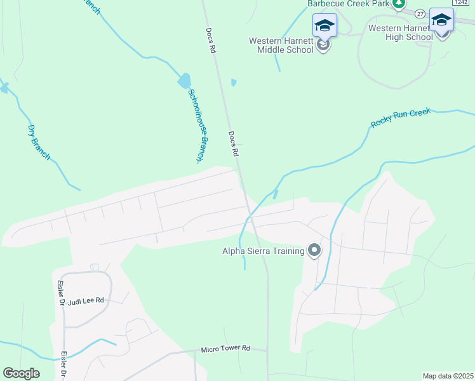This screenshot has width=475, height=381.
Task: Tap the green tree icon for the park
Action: (x=398, y=4)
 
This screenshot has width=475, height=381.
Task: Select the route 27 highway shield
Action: (x=420, y=13)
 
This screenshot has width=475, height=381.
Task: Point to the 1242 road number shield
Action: (x=461, y=3)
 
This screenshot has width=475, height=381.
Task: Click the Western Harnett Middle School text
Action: (x=282, y=45)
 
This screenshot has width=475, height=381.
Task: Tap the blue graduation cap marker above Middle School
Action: (x=324, y=26)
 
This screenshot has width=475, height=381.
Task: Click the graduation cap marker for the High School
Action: (x=441, y=20)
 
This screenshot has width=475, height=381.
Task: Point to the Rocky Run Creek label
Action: (x=401, y=118)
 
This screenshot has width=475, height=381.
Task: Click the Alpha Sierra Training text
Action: (x=263, y=251)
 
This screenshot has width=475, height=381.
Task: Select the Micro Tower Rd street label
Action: (x=226, y=349)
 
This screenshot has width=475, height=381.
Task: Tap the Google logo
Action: (x=21, y=373)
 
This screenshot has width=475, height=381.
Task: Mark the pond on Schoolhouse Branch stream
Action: (x=184, y=81)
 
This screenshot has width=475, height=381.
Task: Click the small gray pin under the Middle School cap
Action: (x=324, y=46)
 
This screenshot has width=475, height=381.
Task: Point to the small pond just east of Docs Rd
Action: (x=234, y=82)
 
